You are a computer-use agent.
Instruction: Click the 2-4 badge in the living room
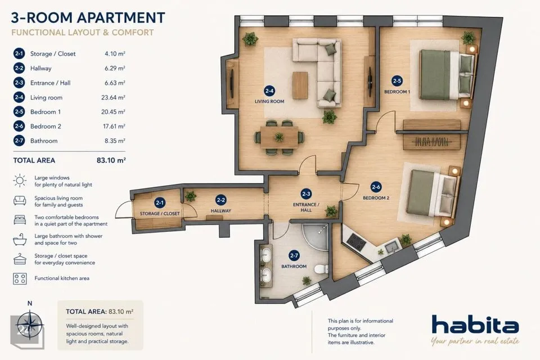tap(269, 91)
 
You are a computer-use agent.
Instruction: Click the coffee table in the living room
tap(300, 85)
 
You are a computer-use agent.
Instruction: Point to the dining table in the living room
tap(280, 137)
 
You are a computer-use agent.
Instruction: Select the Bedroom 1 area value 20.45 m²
tap(113, 112)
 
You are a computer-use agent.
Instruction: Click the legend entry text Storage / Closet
tap(53, 54)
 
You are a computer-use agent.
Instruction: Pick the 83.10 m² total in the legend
tap(111, 160)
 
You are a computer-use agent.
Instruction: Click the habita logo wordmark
tap(475, 325)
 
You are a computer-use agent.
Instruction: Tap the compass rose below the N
tap(30, 325)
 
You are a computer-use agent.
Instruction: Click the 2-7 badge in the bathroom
tap(294, 255)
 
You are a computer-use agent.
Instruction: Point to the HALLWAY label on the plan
tap(220, 211)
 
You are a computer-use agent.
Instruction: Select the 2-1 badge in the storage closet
tap(159, 203)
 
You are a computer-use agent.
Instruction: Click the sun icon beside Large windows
tap(20, 181)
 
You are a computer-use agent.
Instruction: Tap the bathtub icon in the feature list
tap(20, 239)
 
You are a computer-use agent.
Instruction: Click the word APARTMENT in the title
tap(121, 17)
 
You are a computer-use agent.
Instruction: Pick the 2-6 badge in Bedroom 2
tap(376, 187)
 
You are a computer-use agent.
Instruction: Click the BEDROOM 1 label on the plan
tap(397, 92)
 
